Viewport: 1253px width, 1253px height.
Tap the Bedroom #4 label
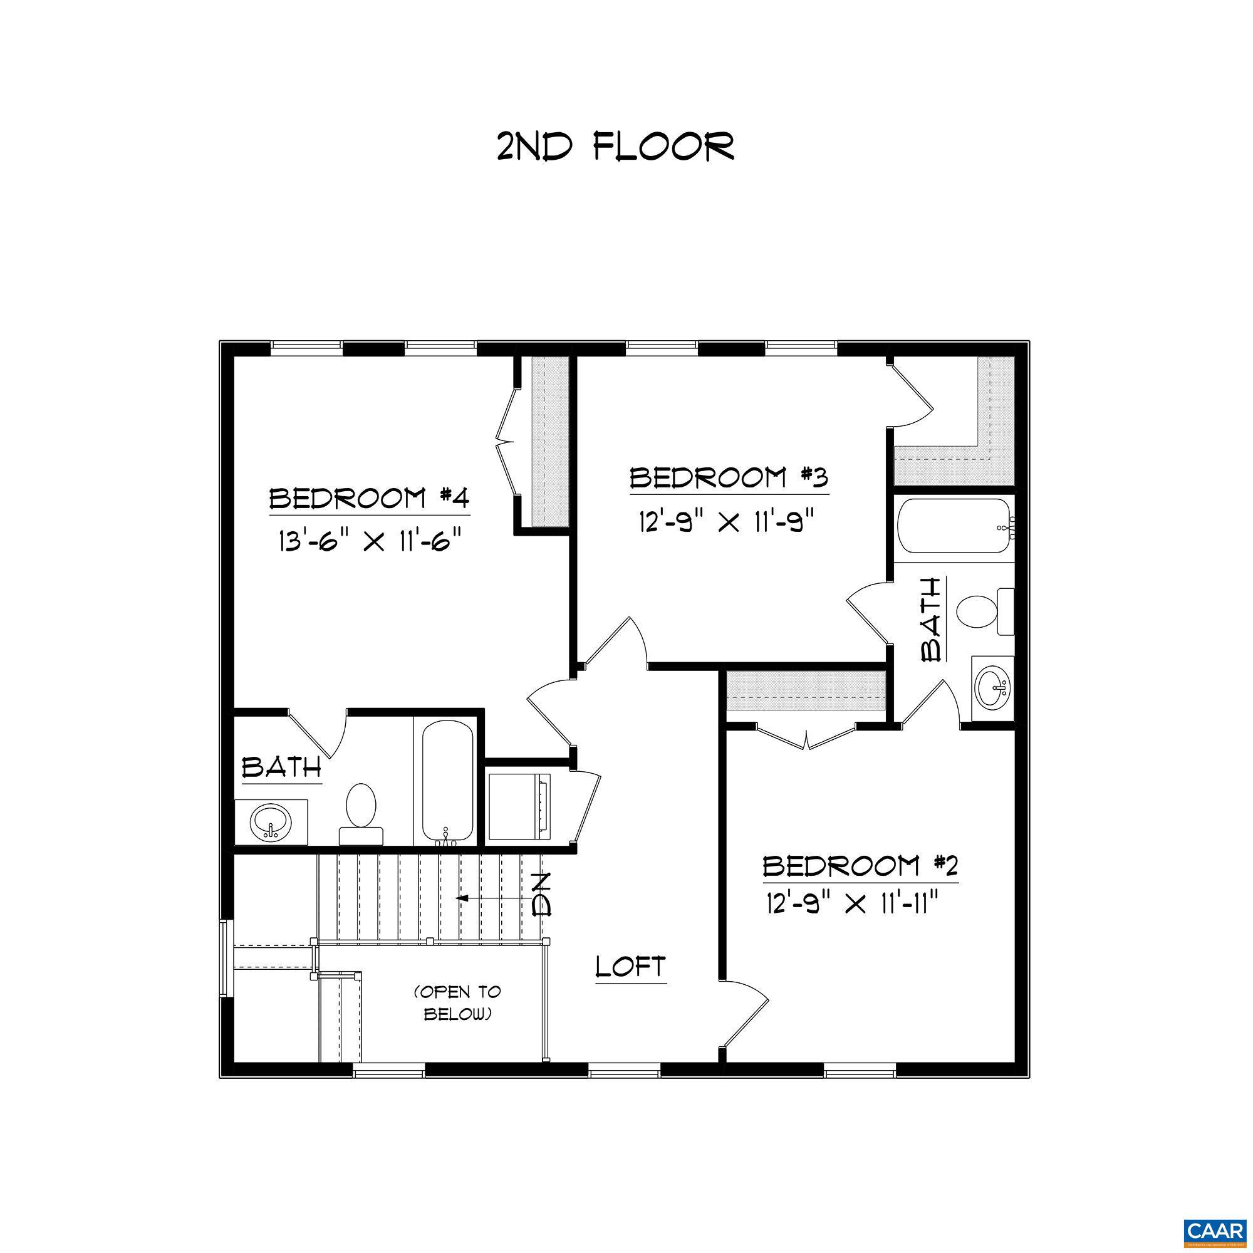click(368, 499)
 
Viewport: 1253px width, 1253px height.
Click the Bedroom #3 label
click(729, 478)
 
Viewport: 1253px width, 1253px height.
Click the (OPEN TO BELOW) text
click(457, 1002)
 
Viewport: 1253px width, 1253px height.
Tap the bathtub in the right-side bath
click(952, 527)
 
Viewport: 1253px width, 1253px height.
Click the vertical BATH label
click(932, 620)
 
